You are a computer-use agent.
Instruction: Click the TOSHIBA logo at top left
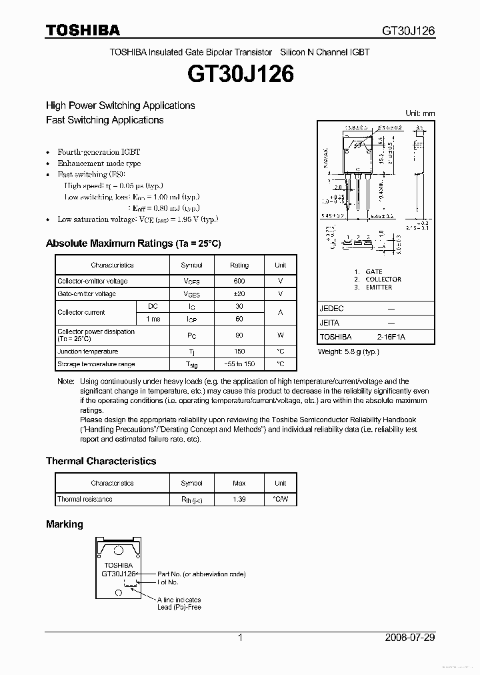[x=83, y=30]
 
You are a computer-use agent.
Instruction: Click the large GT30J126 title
[x=240, y=75]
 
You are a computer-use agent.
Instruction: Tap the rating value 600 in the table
[x=239, y=281]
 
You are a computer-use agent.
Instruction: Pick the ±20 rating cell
[x=239, y=294]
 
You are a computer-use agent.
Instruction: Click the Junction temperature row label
[x=87, y=352]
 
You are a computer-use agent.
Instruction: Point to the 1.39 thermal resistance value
[x=239, y=499]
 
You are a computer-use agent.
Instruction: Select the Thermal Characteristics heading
[x=101, y=461]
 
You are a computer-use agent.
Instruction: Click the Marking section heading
[x=65, y=524]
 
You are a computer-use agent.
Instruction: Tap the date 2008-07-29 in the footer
[x=409, y=638]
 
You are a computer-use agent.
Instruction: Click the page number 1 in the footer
[x=240, y=638]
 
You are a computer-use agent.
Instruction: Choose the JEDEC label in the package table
[x=331, y=309]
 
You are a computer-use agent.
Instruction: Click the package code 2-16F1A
[x=391, y=337]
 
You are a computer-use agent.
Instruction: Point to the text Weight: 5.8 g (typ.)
[x=348, y=352]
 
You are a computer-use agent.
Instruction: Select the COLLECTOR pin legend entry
[x=383, y=279]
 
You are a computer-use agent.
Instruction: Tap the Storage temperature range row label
[x=96, y=364]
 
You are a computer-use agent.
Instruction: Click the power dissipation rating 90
[x=239, y=335]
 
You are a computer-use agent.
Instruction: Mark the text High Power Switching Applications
[x=120, y=105]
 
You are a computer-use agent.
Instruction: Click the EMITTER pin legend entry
[x=379, y=287]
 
